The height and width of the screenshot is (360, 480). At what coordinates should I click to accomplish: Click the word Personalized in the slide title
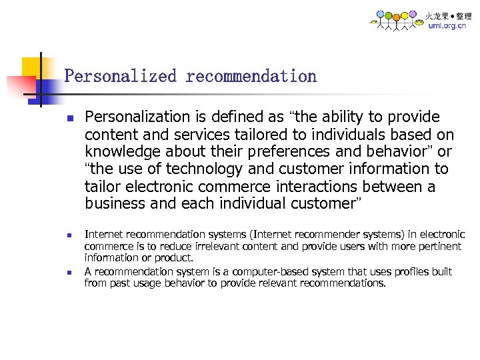click(120, 76)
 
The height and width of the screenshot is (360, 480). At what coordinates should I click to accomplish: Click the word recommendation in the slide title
click(251, 76)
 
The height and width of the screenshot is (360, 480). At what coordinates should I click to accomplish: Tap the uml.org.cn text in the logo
click(447, 26)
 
